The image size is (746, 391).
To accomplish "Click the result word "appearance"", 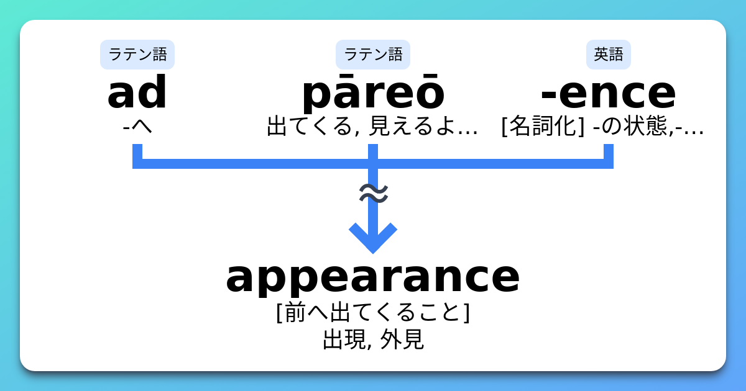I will click(x=373, y=277).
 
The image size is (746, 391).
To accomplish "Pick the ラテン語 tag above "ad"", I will click(x=137, y=55).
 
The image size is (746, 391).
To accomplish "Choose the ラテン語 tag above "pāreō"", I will click(x=373, y=55).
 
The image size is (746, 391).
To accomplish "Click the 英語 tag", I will click(x=608, y=55).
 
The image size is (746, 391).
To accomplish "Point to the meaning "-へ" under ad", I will click(x=137, y=127).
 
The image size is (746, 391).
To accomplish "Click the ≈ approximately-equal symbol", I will click(x=374, y=194).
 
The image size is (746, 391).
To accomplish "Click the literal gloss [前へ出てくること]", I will click(x=373, y=312).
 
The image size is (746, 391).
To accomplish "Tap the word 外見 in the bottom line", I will click(x=403, y=339).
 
